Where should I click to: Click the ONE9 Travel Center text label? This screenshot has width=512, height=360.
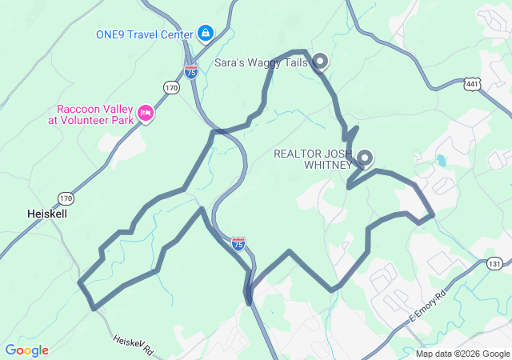(144, 34)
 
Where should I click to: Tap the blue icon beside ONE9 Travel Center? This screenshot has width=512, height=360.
(206, 34)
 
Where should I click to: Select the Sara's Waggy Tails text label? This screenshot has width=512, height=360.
(262, 62)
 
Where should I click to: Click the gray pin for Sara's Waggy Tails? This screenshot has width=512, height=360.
(320, 60)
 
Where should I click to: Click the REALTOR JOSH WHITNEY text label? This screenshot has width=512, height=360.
(313, 159)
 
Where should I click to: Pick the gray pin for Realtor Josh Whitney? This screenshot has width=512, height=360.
(365, 158)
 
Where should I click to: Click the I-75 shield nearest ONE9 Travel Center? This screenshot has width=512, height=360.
(191, 71)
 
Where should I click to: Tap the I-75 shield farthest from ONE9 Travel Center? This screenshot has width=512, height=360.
(238, 243)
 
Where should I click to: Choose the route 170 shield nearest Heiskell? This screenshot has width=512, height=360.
(65, 197)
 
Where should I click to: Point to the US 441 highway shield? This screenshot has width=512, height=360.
(471, 84)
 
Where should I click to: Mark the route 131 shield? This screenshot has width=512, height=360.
(495, 263)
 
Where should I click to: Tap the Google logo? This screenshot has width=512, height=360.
(26, 350)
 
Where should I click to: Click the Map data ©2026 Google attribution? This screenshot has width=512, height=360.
(462, 354)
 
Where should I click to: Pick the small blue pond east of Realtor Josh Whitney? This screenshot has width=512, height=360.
(441, 160)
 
